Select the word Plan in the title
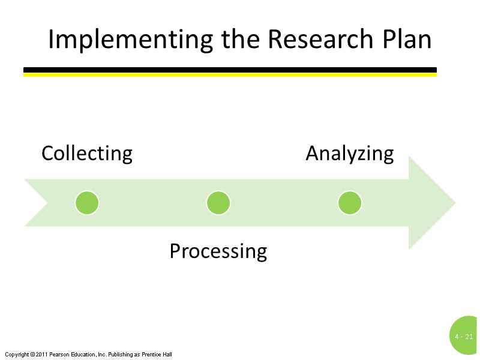coord(407,40)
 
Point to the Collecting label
coord(87,154)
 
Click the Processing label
coord(218,251)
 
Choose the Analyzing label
coord(350,154)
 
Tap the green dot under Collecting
coord(87,203)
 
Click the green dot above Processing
coord(218,203)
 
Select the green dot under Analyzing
coord(350,203)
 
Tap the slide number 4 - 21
coord(464,337)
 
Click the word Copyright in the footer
coord(16,355)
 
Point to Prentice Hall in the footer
coord(157,355)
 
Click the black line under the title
coord(230,70)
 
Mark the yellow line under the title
coord(230,75)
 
